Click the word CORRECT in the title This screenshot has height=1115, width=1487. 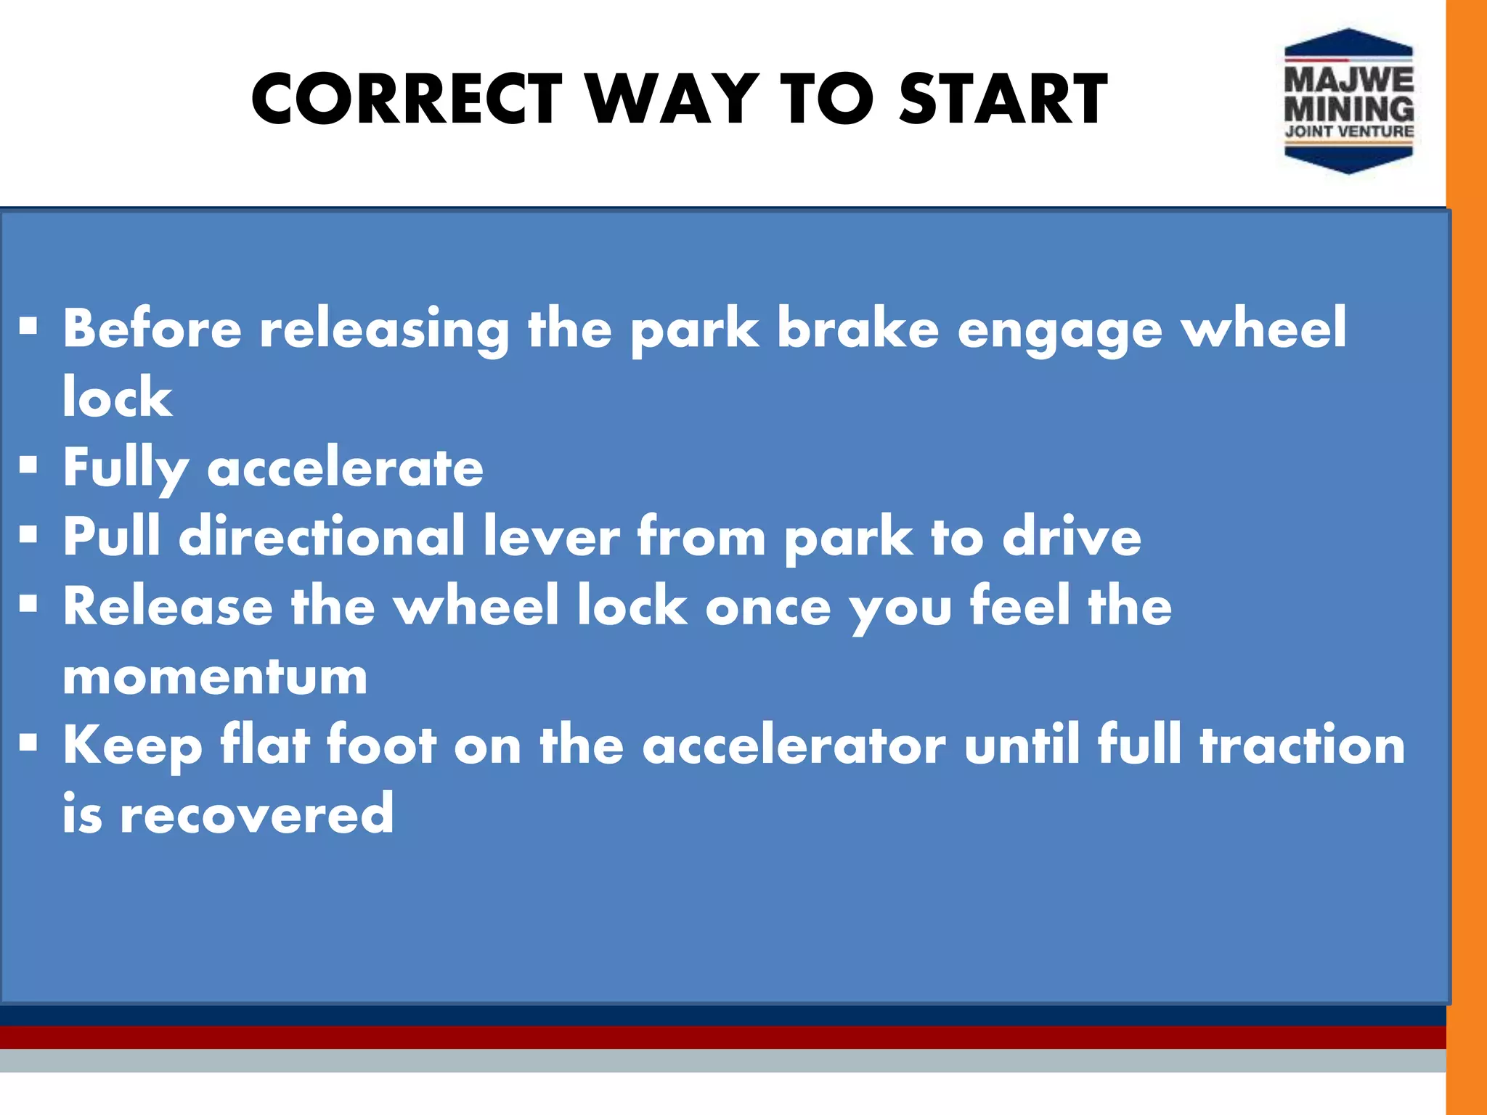[407, 99]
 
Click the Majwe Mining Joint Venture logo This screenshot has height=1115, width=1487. [1348, 102]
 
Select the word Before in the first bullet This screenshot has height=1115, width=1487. [152, 328]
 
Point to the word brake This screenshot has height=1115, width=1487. [858, 328]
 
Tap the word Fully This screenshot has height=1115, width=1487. [126, 468]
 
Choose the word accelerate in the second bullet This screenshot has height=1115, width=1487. [345, 468]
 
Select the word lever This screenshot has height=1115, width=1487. [551, 536]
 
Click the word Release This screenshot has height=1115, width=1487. [168, 606]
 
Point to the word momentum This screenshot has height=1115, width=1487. [215, 677]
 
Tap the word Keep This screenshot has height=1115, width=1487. [132, 746]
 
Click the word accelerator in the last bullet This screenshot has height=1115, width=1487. [794, 746]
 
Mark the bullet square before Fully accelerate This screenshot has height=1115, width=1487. [28, 465]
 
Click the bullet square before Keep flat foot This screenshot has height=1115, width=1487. [28, 743]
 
